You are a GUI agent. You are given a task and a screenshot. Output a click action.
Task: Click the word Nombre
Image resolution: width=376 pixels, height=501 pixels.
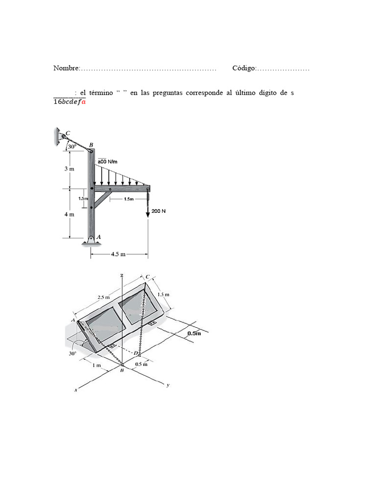click(66, 68)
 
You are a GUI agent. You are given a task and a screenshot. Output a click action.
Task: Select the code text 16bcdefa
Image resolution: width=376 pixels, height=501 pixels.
click(70, 102)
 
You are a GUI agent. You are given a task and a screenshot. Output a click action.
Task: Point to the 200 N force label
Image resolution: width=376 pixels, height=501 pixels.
click(159, 211)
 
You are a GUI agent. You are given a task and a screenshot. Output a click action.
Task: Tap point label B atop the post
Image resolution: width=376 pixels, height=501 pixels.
click(91, 145)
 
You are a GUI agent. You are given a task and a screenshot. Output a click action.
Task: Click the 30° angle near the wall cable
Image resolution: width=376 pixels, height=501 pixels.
click(71, 146)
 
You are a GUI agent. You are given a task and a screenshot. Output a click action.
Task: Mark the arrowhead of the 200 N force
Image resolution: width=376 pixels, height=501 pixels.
click(148, 216)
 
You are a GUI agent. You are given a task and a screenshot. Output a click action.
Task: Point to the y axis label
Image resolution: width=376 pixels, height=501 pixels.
click(168, 385)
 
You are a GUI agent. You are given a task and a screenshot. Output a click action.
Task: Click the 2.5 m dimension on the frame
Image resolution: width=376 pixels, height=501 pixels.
click(103, 297)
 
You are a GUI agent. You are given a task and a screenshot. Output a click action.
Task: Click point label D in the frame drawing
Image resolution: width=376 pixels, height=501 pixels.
click(136, 352)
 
